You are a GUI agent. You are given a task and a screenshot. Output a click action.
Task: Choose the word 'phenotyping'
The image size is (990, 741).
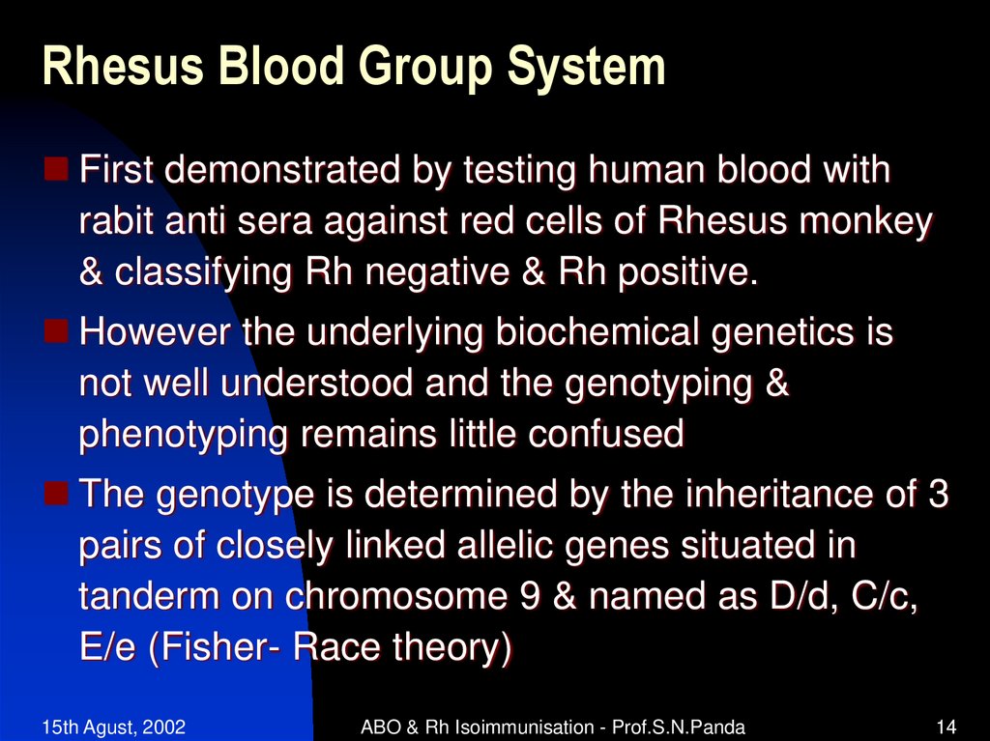[183, 436]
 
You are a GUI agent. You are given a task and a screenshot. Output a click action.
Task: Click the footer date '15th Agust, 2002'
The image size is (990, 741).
[114, 727]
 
